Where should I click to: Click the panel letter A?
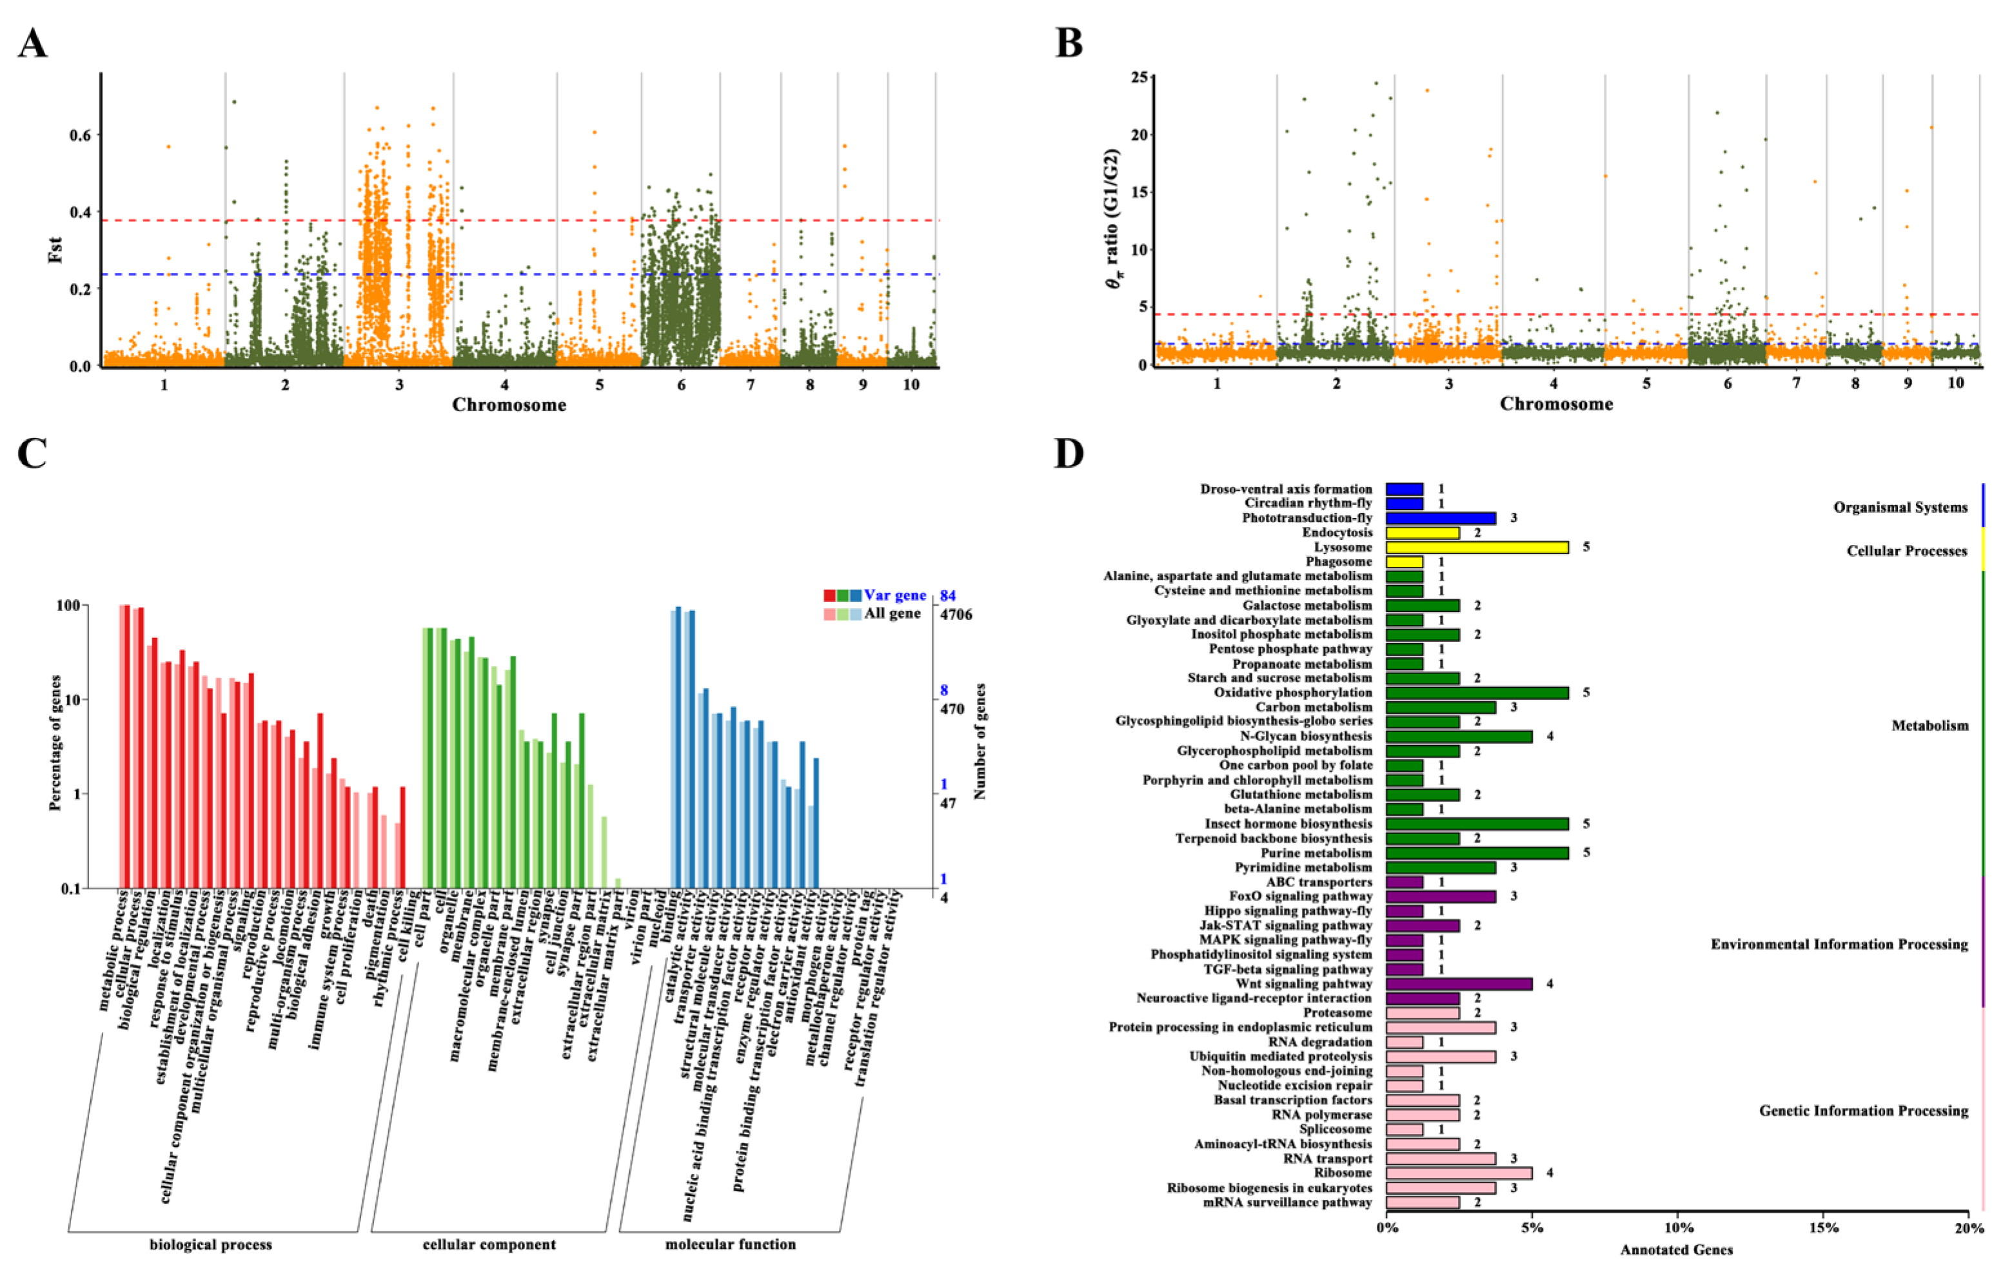pyautogui.click(x=33, y=43)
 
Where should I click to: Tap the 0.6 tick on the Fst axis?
pyautogui.click(x=80, y=135)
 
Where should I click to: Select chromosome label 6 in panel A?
pyautogui.click(x=681, y=384)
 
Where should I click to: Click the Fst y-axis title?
pyautogui.click(x=55, y=250)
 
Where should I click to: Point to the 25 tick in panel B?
pyautogui.click(x=1139, y=78)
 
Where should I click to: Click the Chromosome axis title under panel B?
pyautogui.click(x=1556, y=404)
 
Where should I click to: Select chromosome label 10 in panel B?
pyautogui.click(x=1955, y=383)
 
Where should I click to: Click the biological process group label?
pyautogui.click(x=211, y=1245)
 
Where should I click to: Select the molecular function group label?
pyautogui.click(x=729, y=1245)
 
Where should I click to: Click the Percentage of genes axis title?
pyautogui.click(x=55, y=742)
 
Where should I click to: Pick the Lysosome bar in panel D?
pyautogui.click(x=1476, y=548)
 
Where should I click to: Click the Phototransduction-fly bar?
pyautogui.click(x=1441, y=518)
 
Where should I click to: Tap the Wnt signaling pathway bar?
pyautogui.click(x=1459, y=984)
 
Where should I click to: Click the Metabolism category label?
pyautogui.click(x=1929, y=726)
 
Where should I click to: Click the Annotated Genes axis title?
pyautogui.click(x=1676, y=1249)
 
